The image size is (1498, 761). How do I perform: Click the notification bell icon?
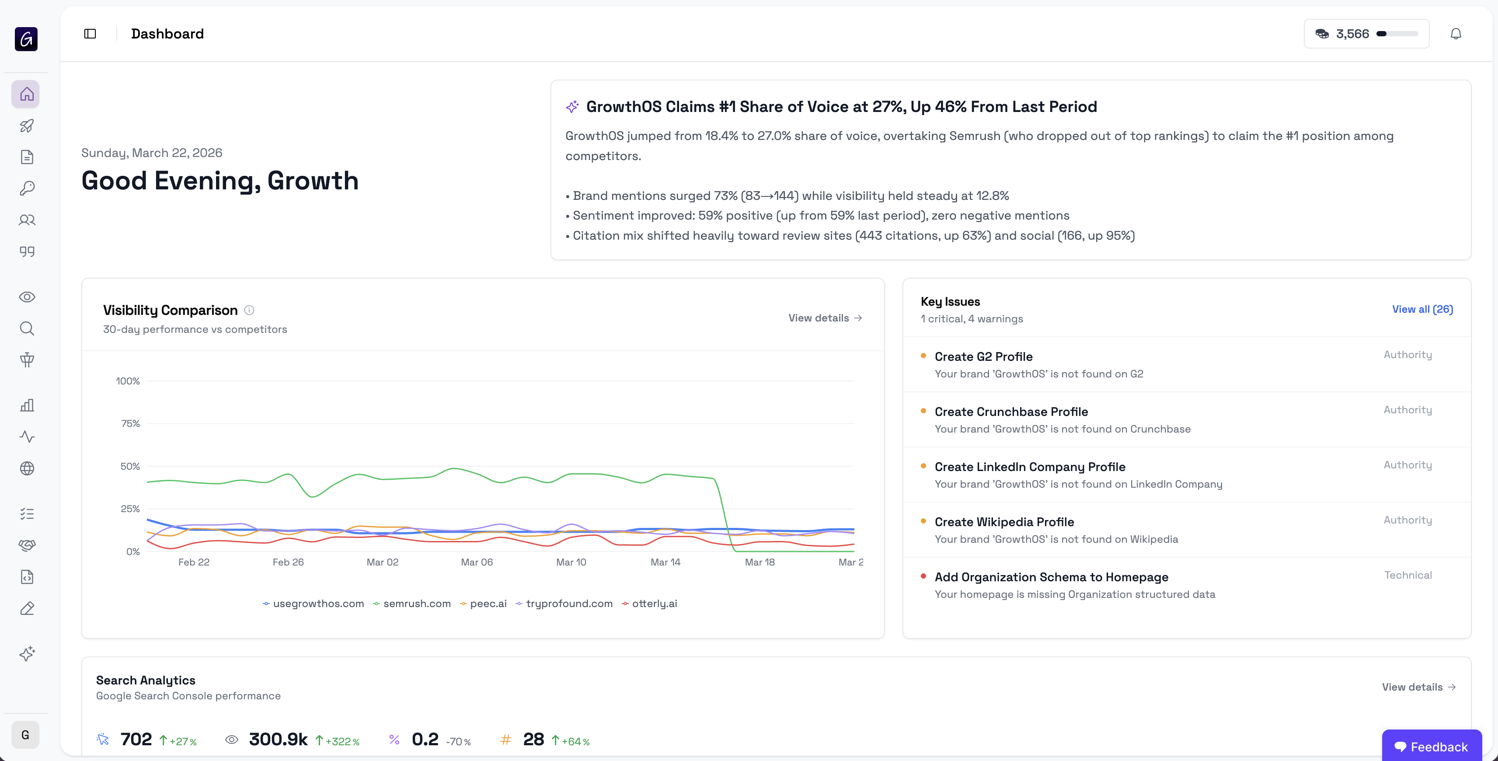[1456, 34]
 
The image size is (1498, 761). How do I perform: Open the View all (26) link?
[1422, 310]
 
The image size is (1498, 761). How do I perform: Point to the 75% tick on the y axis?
[130, 423]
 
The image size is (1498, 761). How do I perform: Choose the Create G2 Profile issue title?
[983, 356]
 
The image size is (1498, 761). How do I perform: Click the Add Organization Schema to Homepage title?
[1051, 577]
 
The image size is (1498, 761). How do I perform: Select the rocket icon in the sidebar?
[27, 126]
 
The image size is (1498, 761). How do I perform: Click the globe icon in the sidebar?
[27, 468]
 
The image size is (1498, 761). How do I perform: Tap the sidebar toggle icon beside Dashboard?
[90, 34]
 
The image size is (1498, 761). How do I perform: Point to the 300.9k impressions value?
[278, 740]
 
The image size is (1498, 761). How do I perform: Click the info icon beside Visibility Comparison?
[249, 310]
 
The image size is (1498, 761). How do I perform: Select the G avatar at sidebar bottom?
[25, 735]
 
